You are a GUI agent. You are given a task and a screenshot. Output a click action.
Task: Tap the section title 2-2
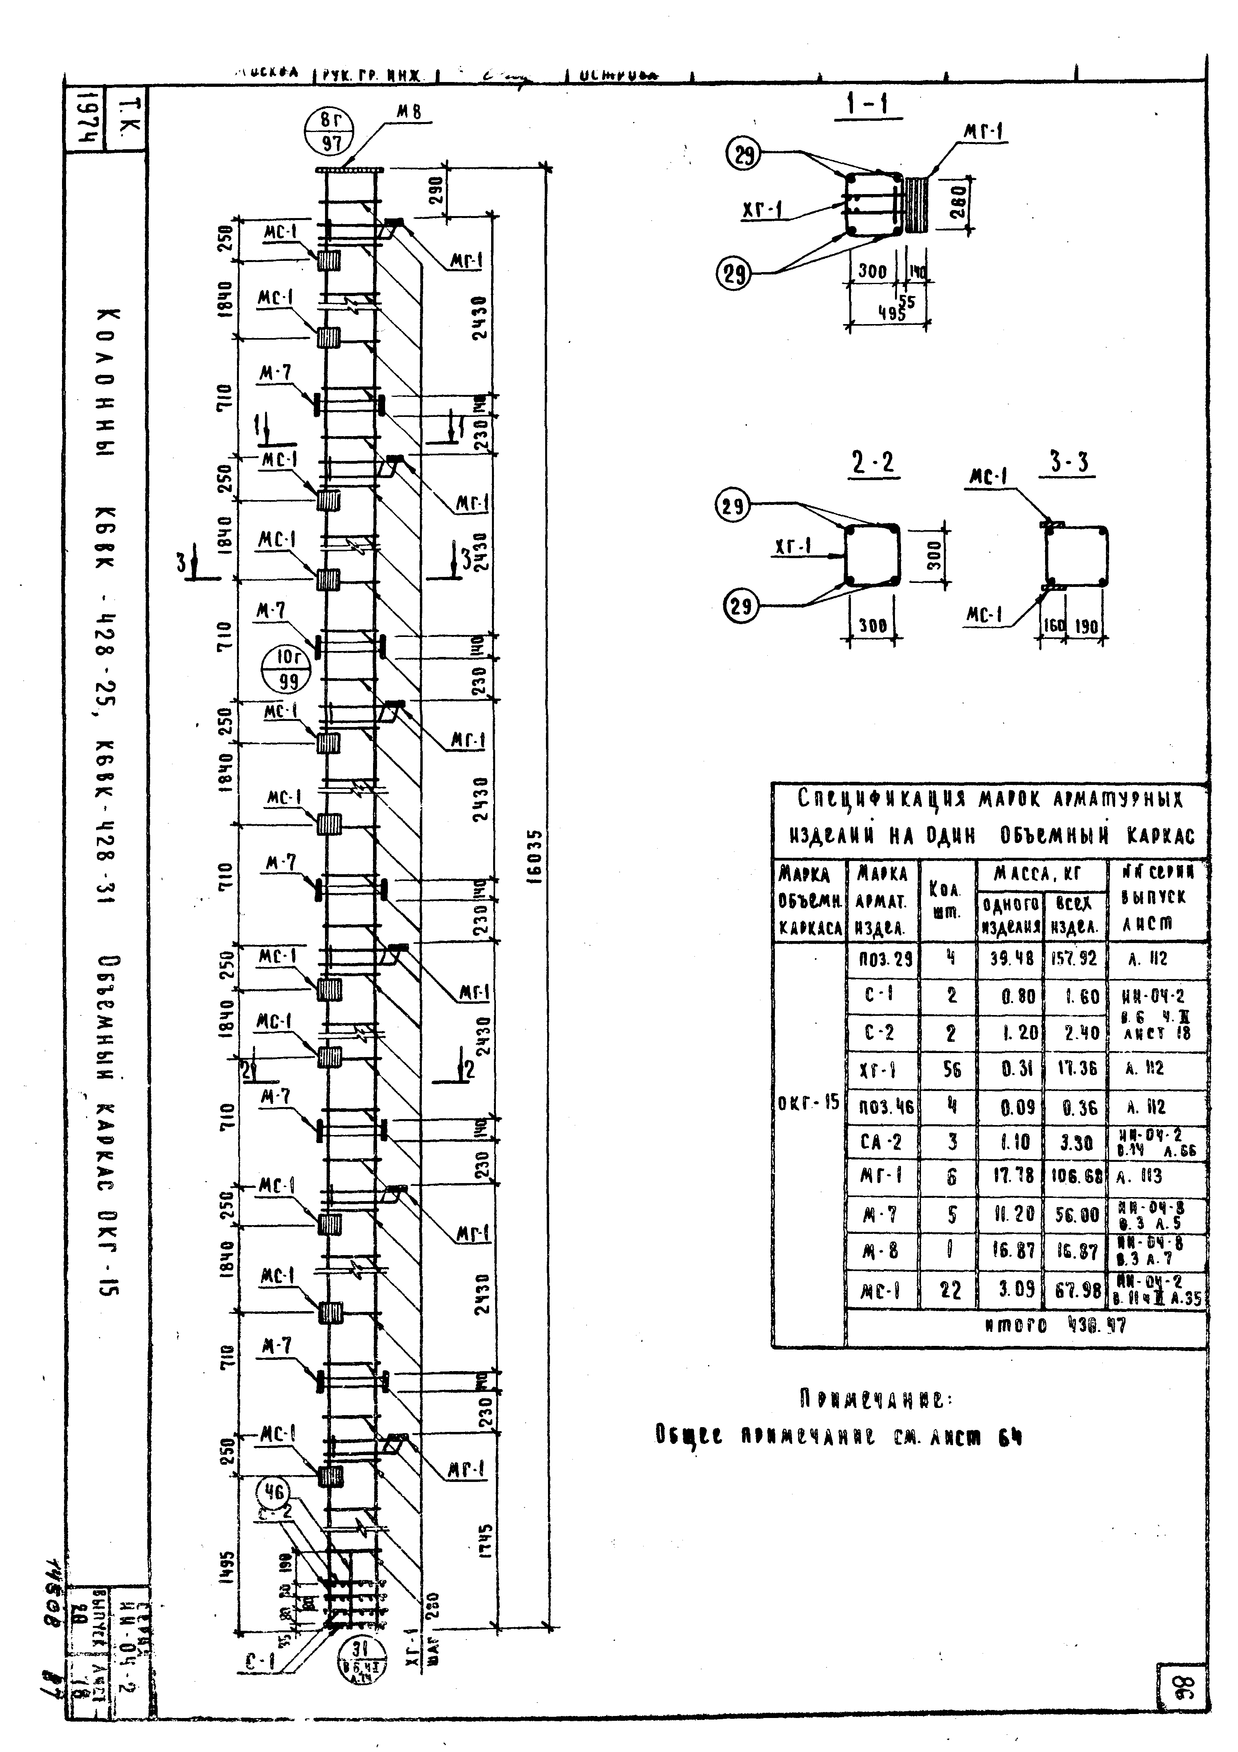point(873,463)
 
